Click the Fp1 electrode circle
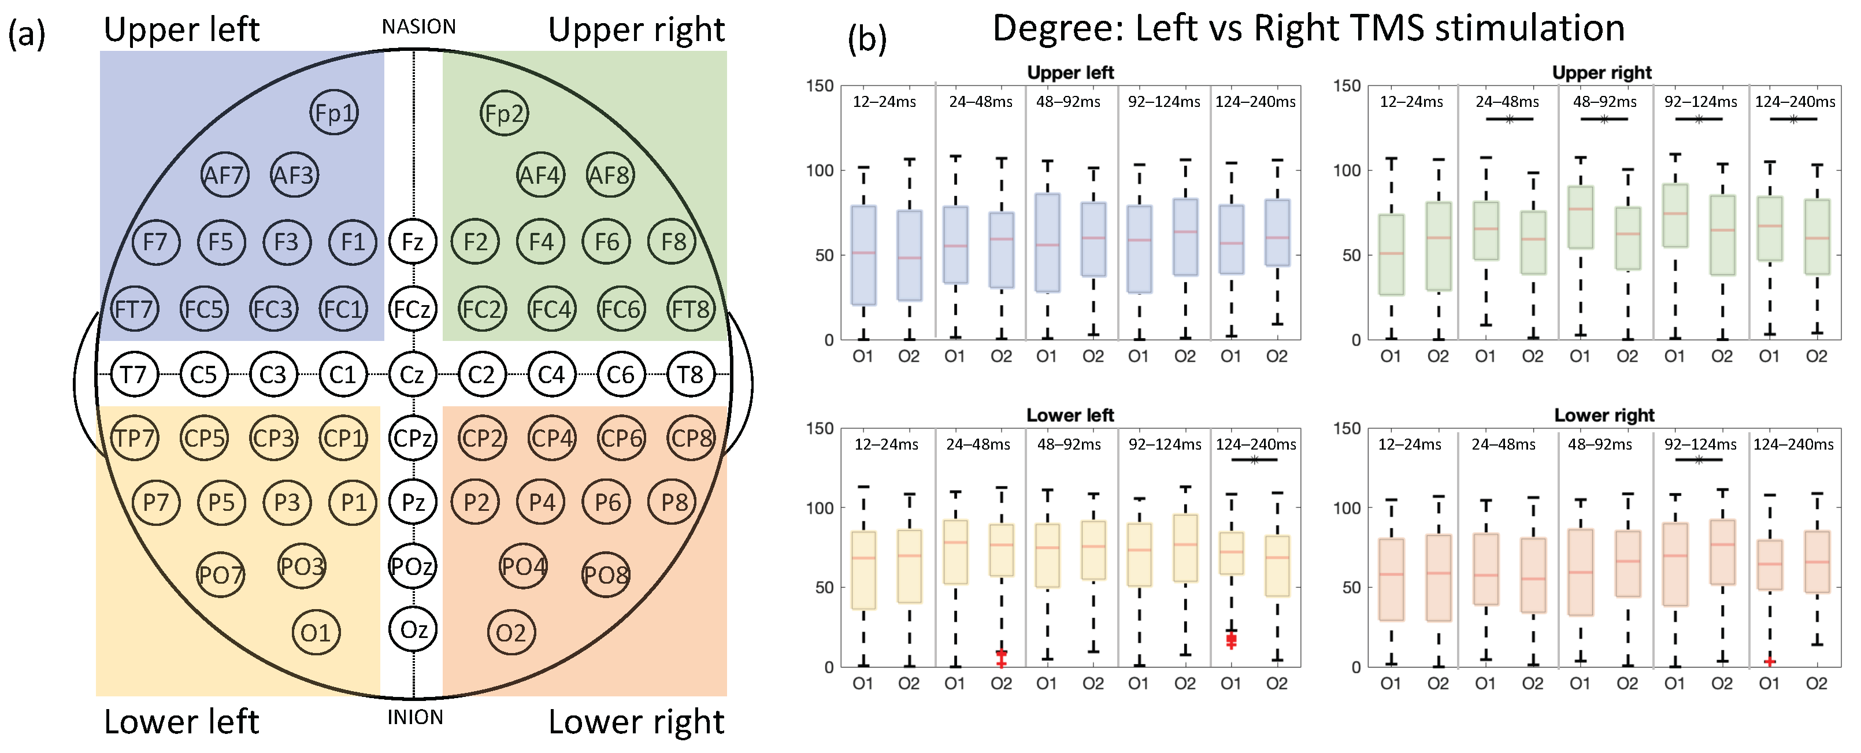tap(334, 113)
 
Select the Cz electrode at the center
tap(413, 374)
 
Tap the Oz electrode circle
tap(413, 629)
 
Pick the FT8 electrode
tap(691, 309)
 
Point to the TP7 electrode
tap(134, 438)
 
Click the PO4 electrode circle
tap(524, 566)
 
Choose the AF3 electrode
tap(294, 175)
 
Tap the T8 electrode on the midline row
tap(690, 374)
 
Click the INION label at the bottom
tap(415, 718)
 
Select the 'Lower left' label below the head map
tap(181, 722)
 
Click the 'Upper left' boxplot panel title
tap(1070, 73)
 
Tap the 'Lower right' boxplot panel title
tap(1604, 416)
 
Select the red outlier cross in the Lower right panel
tap(1769, 661)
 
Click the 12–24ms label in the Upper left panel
tap(884, 102)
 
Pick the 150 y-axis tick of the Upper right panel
tap(1347, 86)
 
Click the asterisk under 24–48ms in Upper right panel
tap(1509, 119)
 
